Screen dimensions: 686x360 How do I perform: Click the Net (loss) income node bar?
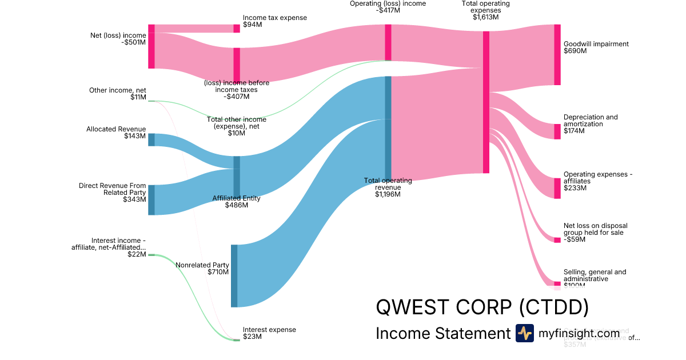point(151,46)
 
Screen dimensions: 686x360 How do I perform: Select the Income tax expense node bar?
point(237,29)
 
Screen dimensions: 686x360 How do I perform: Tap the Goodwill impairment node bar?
point(557,55)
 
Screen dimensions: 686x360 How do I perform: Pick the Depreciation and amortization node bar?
point(557,131)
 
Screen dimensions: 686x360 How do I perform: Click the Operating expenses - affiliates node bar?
point(557,188)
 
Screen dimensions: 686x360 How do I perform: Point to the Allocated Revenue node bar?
point(151,139)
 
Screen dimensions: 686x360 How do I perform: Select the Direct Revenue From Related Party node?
point(151,200)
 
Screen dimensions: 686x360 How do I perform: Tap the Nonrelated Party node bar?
point(234,276)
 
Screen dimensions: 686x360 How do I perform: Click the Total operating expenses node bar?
point(486,102)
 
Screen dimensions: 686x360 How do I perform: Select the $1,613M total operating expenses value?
point(485,17)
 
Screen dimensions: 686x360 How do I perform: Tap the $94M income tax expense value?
point(252,25)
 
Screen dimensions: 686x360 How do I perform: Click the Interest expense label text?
point(269,330)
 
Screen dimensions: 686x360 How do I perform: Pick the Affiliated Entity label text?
point(236,198)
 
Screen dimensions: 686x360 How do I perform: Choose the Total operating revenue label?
point(388,184)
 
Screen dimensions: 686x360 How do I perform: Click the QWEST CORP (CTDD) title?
point(482,307)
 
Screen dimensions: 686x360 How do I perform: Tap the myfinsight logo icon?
point(525,333)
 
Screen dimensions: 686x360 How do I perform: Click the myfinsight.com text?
point(579,333)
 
